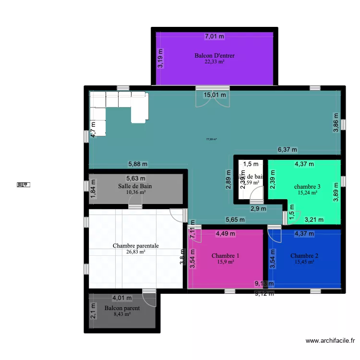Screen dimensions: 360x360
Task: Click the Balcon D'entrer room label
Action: (214, 56)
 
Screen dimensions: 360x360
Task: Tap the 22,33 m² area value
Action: (215, 61)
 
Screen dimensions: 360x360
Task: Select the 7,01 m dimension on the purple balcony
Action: (215, 36)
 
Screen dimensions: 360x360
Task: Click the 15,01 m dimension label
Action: (215, 95)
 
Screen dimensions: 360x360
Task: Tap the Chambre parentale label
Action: (136, 246)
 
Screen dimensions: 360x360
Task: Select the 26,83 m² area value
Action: (136, 251)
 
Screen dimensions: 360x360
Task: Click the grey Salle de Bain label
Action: (136, 186)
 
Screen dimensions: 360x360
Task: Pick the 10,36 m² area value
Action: (136, 192)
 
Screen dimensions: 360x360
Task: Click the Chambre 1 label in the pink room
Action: (225, 256)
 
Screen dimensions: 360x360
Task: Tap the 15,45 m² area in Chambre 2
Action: (304, 262)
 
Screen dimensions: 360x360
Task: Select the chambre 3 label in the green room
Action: (307, 187)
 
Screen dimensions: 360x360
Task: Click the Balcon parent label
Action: (122, 308)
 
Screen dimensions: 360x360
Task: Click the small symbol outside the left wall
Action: (23, 184)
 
